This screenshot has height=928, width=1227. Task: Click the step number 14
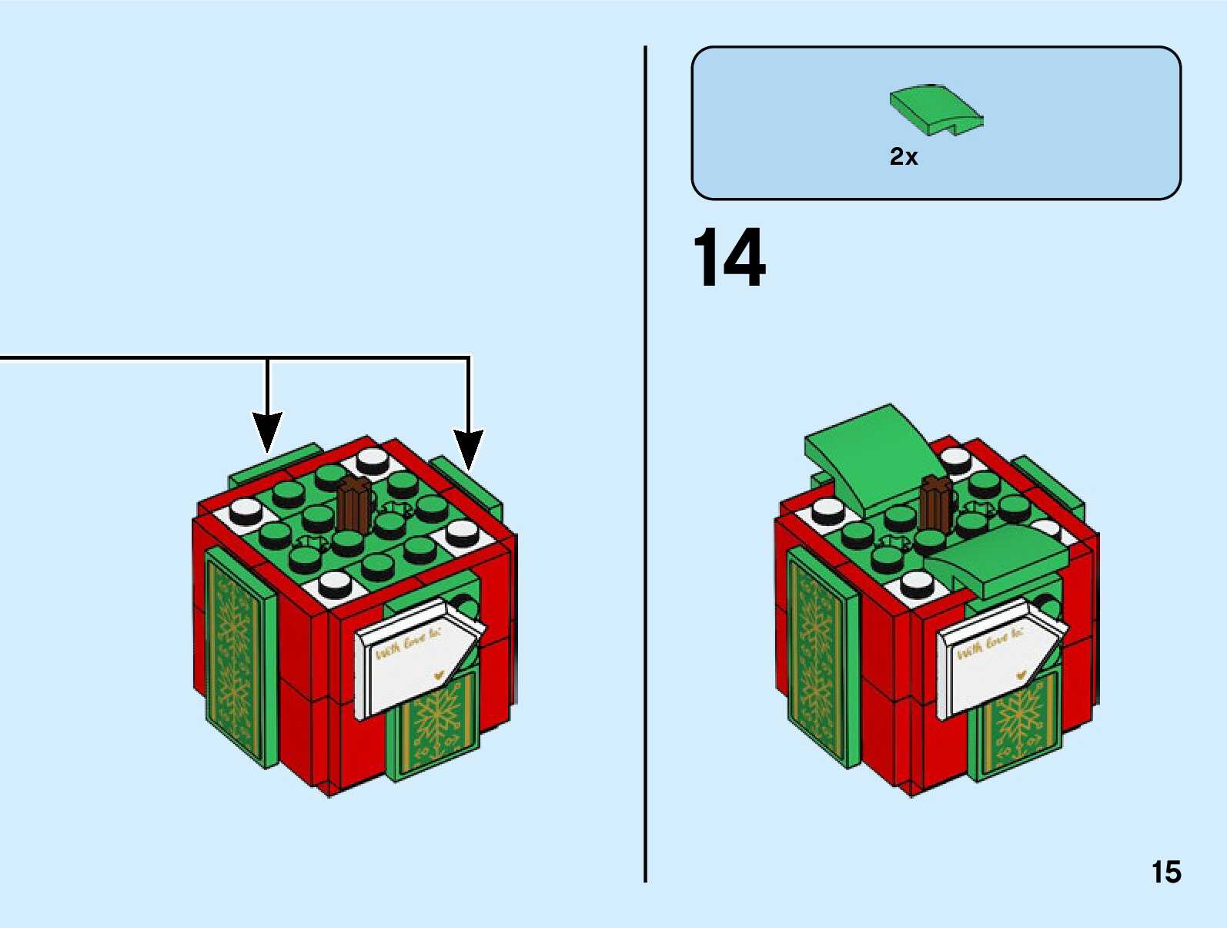pos(729,258)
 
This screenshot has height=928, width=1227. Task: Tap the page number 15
pos(1165,873)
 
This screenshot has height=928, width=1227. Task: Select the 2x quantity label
pos(904,157)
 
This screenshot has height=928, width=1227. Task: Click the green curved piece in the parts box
pos(935,110)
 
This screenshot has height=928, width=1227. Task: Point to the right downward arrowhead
pos(468,448)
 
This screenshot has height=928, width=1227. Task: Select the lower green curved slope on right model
pos(1001,558)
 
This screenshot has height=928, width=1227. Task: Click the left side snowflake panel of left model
pos(232,655)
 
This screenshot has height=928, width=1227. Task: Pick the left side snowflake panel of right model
pos(816,655)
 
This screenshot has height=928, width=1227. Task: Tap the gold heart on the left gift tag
pos(440,675)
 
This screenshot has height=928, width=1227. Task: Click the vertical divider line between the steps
pos(645,462)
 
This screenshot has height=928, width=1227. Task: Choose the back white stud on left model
pos(373,460)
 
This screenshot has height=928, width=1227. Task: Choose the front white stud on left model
pos(335,584)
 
